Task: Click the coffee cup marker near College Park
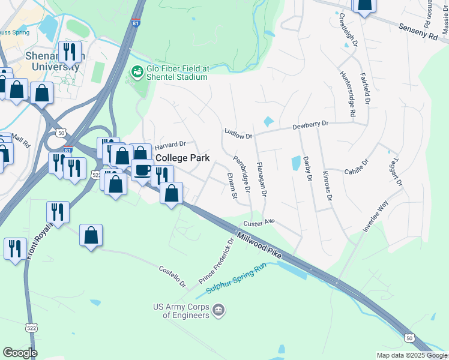pos(142,170)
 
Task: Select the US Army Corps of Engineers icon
pos(219,310)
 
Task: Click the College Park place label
pos(182,158)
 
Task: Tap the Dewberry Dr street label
pos(310,125)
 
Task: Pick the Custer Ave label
pos(259,223)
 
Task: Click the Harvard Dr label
pos(170,145)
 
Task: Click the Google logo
pos(20,352)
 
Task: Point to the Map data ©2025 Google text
pos(412,355)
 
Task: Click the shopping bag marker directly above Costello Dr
pos(91,236)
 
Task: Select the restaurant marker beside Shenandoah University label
pos(70,52)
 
